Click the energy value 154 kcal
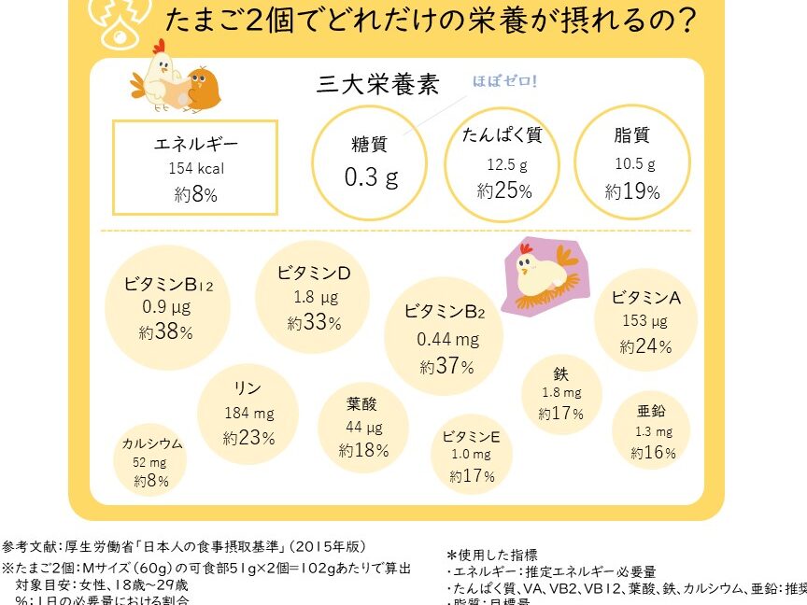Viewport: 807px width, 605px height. click(196, 169)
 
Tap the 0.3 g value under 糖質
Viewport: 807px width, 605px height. click(372, 176)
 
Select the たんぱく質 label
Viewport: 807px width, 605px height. click(503, 135)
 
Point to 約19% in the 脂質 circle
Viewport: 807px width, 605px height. click(632, 192)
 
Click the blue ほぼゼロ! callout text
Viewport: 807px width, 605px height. click(504, 81)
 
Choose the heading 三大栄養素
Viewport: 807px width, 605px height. click(378, 85)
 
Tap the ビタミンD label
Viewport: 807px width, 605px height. click(313, 273)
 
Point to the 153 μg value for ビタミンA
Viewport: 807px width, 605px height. click(645, 321)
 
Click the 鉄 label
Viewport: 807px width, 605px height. click(560, 373)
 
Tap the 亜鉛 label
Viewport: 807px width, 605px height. click(651, 410)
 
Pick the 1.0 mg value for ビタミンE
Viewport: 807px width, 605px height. click(472, 455)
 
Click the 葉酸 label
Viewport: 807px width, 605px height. click(362, 404)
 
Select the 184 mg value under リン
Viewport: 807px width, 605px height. click(248, 413)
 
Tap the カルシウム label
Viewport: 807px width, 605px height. click(152, 443)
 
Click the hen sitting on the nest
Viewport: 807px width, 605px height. click(545, 273)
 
